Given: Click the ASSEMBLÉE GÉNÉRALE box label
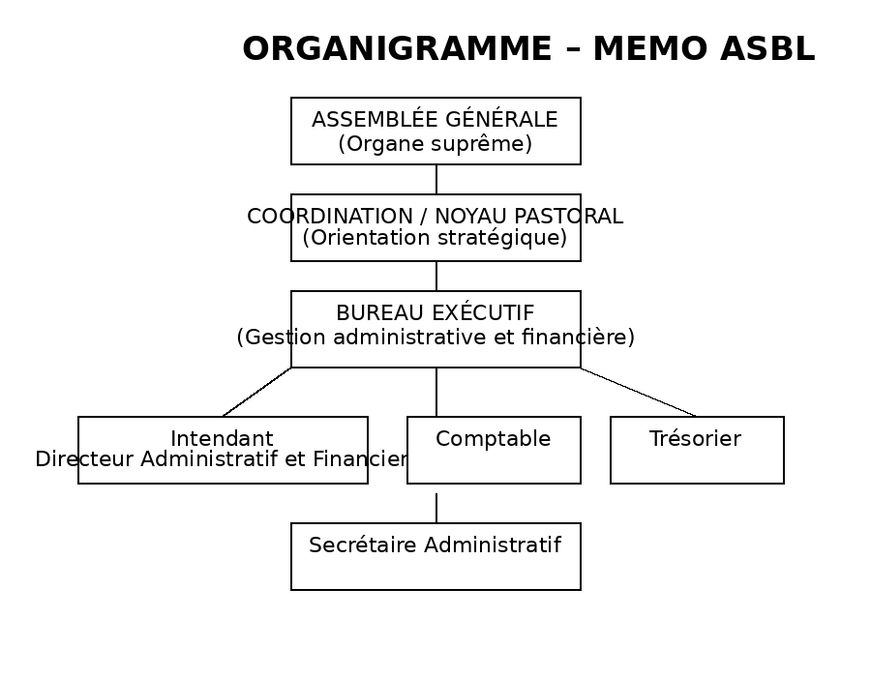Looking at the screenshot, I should click(435, 120).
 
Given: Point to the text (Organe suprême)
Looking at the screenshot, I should click(435, 144).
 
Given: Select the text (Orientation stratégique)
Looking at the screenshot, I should click(435, 238).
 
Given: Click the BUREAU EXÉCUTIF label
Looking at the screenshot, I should click(435, 313).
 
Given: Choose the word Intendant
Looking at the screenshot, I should click(222, 439).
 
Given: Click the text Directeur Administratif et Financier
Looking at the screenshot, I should click(222, 459).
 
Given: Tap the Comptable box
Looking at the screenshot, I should click(494, 450).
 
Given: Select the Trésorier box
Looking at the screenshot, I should click(697, 450).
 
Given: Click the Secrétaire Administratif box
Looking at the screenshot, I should click(435, 556).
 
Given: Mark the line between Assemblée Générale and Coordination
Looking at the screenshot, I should click(435, 179).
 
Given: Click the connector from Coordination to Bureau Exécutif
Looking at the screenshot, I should click(435, 276).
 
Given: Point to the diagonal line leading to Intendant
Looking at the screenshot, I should click(256, 392).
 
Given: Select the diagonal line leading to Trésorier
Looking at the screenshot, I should click(639, 392).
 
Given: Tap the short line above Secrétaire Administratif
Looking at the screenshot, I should click(435, 508).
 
